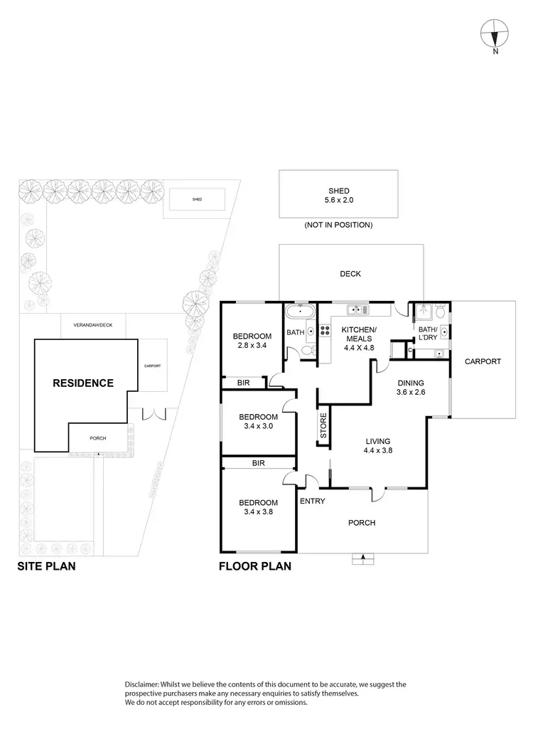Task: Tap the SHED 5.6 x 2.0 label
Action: tap(338, 196)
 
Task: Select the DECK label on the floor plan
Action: tap(350, 274)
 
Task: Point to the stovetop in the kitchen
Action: tap(325, 331)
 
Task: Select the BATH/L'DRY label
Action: tap(427, 334)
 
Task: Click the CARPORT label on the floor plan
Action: tap(483, 361)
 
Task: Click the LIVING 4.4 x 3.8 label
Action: tap(379, 445)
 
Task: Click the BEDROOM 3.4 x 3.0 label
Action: tap(257, 421)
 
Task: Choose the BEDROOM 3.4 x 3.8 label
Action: tap(257, 506)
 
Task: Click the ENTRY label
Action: tap(313, 501)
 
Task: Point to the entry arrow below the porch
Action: tap(363, 558)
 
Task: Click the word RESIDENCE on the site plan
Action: tap(83, 383)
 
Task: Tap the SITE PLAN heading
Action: tap(46, 568)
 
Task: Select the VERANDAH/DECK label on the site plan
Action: tap(92, 325)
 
